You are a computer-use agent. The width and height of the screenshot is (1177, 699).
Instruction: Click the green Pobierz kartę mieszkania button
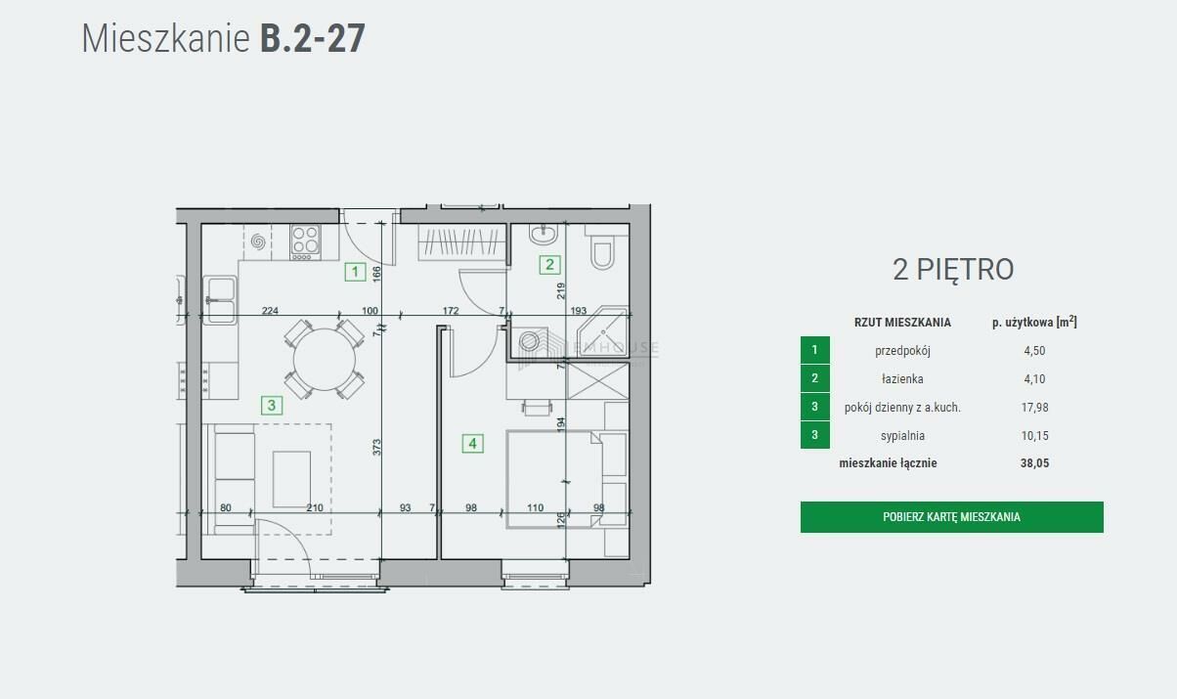[951, 517]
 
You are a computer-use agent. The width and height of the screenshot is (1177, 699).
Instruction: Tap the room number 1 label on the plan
[355, 272]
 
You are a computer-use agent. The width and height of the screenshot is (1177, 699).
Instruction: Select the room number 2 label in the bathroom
[549, 264]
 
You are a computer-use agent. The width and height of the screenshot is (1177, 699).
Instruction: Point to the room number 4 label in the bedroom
[472, 444]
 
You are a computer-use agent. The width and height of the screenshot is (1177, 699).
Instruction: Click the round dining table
[325, 360]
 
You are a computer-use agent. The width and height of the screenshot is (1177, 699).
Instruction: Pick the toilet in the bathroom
[602, 249]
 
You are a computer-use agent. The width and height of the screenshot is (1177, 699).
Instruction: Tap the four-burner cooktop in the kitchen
[305, 242]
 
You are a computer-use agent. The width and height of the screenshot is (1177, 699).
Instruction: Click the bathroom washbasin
[544, 235]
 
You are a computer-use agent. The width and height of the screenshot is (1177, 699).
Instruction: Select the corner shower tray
[603, 331]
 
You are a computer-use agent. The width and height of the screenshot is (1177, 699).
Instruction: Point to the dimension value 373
[376, 447]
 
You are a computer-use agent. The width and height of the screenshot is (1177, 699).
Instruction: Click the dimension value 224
[270, 311]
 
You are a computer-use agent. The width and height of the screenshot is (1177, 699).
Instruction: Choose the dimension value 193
[579, 311]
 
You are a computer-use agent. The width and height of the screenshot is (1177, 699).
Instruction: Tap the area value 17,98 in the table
[1034, 408]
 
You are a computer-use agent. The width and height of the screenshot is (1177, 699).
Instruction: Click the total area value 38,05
[1034, 463]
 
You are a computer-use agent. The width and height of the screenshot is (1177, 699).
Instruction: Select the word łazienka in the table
[902, 378]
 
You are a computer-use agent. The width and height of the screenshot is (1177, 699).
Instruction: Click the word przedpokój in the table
[902, 351]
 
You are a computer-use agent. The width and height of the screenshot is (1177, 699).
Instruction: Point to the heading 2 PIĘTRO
[953, 270]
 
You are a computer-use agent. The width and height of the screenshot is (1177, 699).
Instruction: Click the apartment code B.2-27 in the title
[313, 38]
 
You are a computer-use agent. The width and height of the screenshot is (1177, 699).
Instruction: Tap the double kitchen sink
[221, 300]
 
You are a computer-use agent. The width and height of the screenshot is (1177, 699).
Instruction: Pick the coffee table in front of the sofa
[291, 479]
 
